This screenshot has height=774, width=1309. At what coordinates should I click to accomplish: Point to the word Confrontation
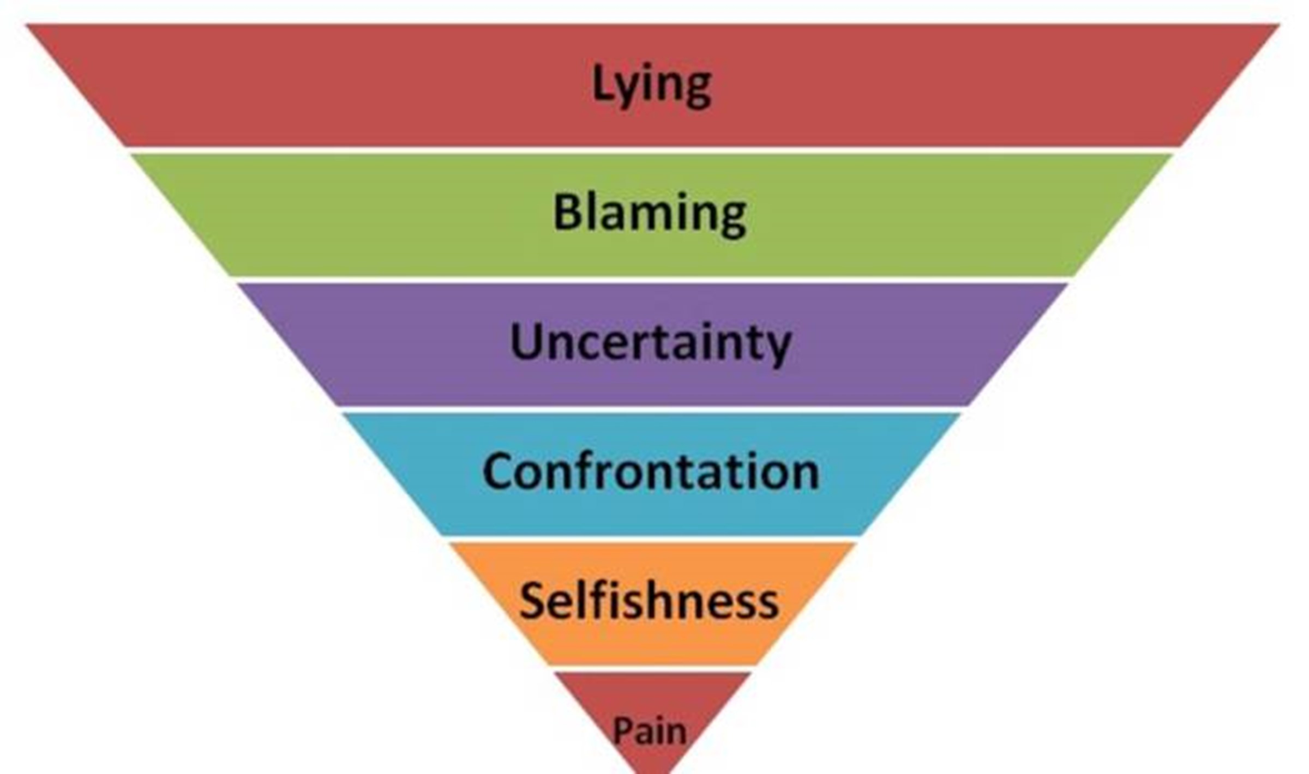651,472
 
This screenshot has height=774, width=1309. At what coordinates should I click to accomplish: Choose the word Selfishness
649,601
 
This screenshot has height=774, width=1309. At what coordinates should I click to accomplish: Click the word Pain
650,731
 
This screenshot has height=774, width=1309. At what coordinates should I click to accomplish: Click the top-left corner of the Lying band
28,25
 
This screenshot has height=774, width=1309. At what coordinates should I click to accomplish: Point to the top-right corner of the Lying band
1277,25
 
